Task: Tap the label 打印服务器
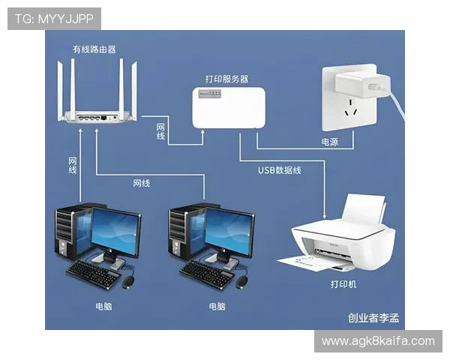(226, 78)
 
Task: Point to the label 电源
(330, 141)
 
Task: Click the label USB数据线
(280, 170)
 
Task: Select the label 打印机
(343, 284)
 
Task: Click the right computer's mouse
(241, 282)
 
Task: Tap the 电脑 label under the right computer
(216, 306)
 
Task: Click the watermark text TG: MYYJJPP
(53, 18)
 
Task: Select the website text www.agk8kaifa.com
(378, 341)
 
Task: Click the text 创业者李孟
(373, 318)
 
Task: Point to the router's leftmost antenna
(61, 86)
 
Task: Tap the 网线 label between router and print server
(160, 131)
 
